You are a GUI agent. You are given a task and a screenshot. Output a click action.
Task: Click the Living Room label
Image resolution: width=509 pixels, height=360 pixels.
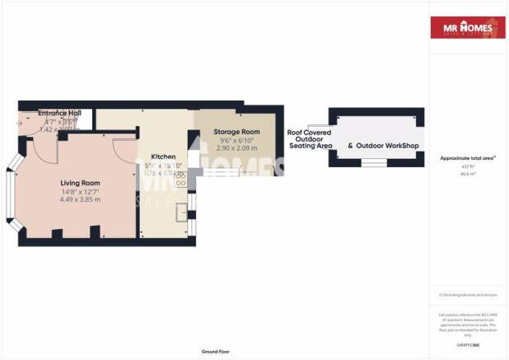pyautogui.click(x=80, y=183)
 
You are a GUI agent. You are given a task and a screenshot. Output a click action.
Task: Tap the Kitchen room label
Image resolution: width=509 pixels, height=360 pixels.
pyautogui.click(x=163, y=157)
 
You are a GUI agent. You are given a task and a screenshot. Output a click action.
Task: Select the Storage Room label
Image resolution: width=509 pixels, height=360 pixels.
pyautogui.click(x=236, y=132)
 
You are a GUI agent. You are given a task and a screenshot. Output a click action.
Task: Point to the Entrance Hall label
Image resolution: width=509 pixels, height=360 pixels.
pyautogui.click(x=58, y=113)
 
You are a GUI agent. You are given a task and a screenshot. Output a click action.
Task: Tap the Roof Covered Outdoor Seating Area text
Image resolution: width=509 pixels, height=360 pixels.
pyautogui.click(x=309, y=138)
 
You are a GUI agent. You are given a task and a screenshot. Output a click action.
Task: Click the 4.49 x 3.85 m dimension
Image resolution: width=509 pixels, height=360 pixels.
pyautogui.click(x=80, y=199)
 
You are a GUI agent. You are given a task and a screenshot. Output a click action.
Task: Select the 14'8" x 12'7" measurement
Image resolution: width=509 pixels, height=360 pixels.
pyautogui.click(x=80, y=191)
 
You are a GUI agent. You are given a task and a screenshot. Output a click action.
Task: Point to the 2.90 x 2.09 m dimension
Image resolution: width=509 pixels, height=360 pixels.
pyautogui.click(x=236, y=148)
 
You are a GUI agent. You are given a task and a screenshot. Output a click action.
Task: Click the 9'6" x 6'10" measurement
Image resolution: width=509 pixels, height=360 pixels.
pyautogui.click(x=236, y=140)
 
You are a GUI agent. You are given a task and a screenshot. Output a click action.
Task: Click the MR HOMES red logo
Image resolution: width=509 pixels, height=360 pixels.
pyautogui.click(x=467, y=28)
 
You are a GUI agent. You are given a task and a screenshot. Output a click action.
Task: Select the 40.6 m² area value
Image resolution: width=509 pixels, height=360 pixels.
pyautogui.click(x=467, y=173)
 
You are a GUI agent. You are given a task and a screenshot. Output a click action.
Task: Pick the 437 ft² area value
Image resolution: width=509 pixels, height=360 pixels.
pyautogui.click(x=467, y=166)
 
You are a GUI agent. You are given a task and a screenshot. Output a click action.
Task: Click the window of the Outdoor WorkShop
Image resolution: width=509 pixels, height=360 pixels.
pyautogui.click(x=376, y=163)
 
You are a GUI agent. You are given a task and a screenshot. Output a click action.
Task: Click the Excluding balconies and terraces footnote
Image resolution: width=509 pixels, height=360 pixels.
pyautogui.click(x=467, y=293)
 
